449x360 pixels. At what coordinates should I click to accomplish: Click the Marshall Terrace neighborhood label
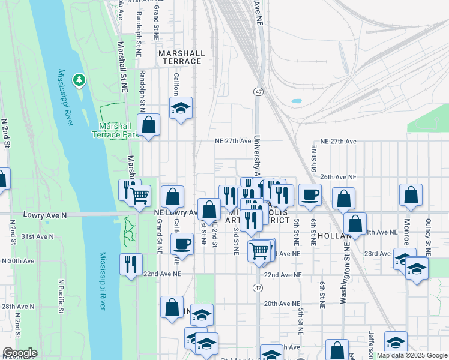(181, 57)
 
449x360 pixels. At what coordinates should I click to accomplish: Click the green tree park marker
(79, 79)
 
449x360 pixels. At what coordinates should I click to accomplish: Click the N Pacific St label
(61, 296)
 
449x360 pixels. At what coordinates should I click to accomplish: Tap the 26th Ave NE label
(338, 178)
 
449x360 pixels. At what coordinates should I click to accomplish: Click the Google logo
(20, 353)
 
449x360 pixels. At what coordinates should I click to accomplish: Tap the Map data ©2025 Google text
(411, 355)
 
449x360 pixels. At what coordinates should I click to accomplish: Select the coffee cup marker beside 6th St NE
(310, 195)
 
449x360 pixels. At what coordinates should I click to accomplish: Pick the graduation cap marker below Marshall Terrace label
(181, 109)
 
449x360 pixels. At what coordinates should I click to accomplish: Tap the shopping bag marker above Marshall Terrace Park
(149, 126)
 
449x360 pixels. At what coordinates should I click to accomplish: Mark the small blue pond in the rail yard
(296, 101)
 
